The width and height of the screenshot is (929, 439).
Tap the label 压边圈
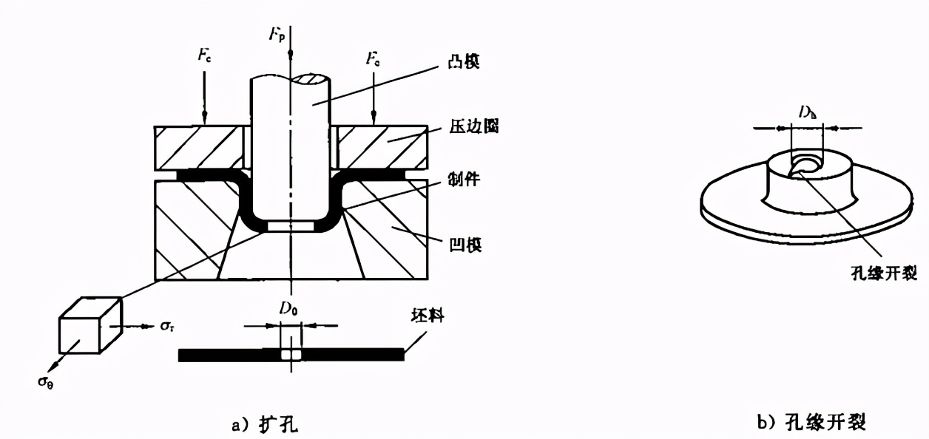click(x=473, y=127)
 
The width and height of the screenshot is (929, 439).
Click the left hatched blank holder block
click(x=197, y=147)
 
